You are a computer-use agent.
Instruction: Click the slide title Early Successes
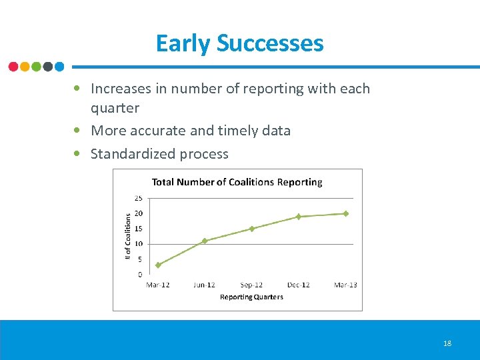(239, 43)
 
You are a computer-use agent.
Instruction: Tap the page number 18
(447, 343)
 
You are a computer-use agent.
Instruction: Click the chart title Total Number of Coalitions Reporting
(237, 182)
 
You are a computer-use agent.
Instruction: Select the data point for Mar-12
(158, 265)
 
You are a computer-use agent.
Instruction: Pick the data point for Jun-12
(205, 241)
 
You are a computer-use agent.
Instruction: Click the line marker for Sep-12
(252, 229)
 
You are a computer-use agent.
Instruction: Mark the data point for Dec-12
(299, 217)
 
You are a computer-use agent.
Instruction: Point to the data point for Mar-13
(345, 213)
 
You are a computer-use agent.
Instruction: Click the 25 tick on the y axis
(138, 198)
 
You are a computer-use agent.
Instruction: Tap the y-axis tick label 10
(138, 244)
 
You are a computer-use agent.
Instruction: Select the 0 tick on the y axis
(139, 274)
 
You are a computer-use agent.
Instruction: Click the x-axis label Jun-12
(205, 285)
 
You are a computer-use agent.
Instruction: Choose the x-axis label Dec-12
(299, 285)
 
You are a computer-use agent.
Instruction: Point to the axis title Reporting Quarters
(251, 297)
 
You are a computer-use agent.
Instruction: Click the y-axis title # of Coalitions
(129, 236)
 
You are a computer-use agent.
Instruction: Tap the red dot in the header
(13, 67)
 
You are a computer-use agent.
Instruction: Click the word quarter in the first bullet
(115, 108)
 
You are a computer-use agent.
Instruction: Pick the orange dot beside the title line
(25, 67)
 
